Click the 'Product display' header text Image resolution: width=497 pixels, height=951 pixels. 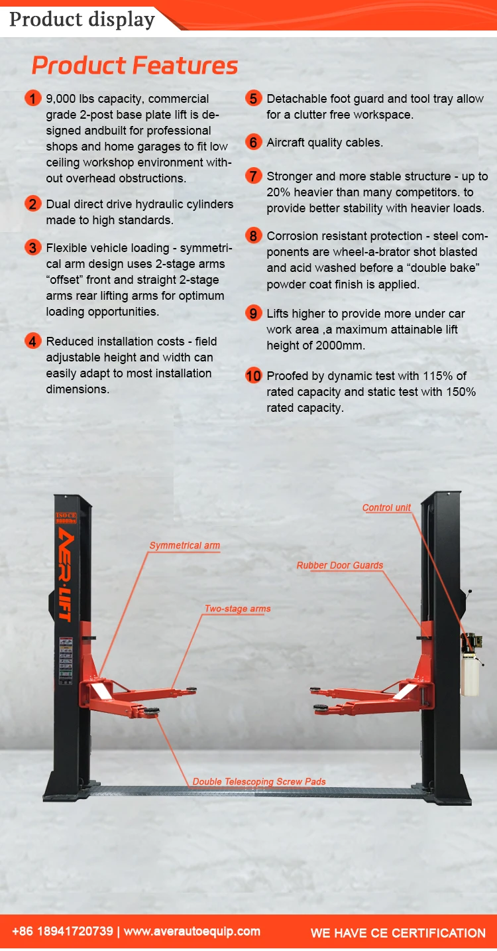pos(82,19)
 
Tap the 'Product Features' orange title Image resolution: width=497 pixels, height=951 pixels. pos(135,66)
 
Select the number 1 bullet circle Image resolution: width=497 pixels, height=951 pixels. pos(33,99)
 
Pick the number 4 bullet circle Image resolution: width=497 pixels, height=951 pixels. pos(33,342)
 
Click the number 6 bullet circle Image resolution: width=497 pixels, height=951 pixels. pos(254,142)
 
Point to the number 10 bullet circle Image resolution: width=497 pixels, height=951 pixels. pos(254,376)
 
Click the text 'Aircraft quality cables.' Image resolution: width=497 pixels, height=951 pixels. pos(325,142)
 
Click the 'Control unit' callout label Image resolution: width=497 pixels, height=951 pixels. pos(386,508)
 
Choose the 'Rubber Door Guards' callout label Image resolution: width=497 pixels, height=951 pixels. pos(340,566)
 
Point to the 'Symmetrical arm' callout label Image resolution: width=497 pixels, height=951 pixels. pos(184,546)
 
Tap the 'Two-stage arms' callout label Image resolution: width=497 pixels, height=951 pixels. pos(237,609)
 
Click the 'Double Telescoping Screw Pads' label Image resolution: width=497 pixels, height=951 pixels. pos(259,782)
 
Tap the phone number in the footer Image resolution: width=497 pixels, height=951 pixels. pos(62,932)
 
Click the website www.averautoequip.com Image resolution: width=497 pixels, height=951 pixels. pos(192,932)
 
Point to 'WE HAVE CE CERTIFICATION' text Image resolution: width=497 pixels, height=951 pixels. pos(398,933)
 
